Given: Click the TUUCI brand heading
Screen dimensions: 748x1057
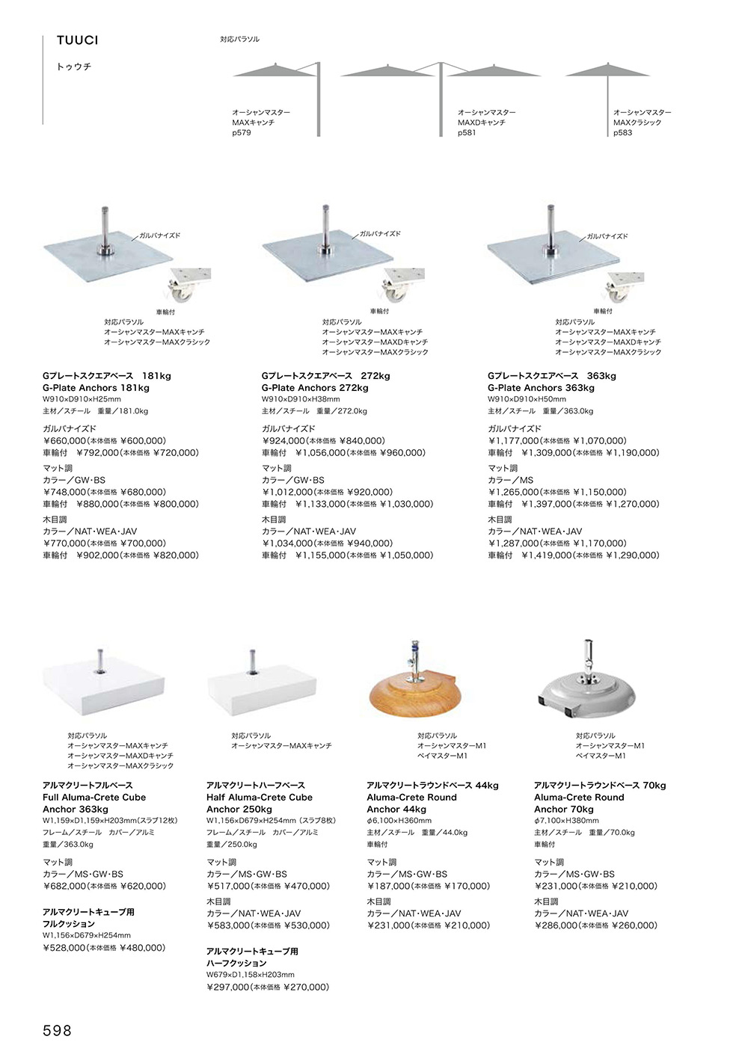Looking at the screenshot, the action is pyautogui.click(x=78, y=40).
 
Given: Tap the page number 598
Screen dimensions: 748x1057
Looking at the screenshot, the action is pyautogui.click(x=57, y=1031).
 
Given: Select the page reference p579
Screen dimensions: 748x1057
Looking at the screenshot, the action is pyautogui.click(x=242, y=132).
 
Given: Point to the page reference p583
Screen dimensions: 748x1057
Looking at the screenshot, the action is pyautogui.click(x=623, y=132).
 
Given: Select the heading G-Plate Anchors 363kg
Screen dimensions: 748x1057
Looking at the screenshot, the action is pyautogui.click(x=541, y=388).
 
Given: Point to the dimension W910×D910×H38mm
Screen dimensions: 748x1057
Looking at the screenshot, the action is pyautogui.click(x=301, y=399).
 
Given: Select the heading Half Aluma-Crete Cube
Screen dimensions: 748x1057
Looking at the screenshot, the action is pyautogui.click(x=260, y=798).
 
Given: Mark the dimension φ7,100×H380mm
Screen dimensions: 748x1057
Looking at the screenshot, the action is pyautogui.click(x=567, y=821).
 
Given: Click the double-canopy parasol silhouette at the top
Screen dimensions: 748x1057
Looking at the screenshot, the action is pyautogui.click(x=441, y=99).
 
